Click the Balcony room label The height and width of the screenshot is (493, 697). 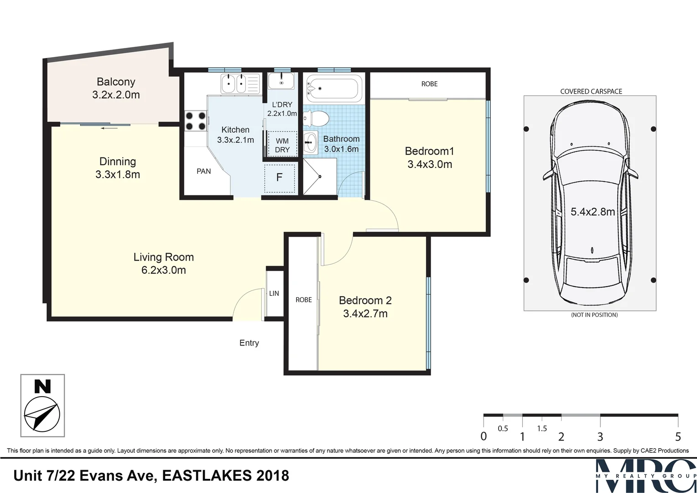coord(116,82)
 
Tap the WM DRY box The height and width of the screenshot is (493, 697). coord(282,145)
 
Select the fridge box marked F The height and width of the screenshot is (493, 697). coord(280,177)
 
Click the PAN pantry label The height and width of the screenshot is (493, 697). coord(203,171)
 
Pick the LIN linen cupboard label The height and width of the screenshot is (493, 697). coord(274,294)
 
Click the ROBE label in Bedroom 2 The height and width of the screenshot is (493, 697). coord(303,300)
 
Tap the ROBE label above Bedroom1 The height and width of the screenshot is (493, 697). coord(429,84)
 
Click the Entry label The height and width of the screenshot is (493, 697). coord(249,343)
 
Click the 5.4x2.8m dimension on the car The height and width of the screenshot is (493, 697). coord(593,212)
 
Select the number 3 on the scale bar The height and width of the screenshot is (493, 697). coord(600,437)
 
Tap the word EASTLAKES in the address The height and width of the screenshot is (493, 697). coord(206,476)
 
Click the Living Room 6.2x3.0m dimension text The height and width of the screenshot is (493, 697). coord(163,270)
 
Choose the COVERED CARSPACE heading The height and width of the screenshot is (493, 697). coord(591,91)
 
